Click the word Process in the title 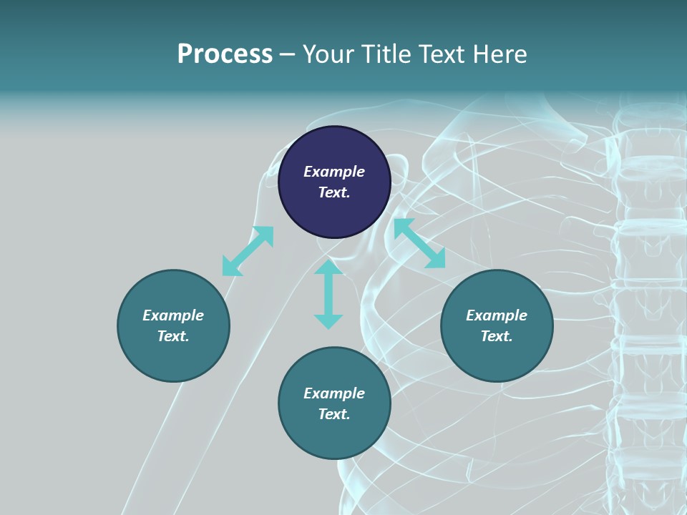tap(225, 54)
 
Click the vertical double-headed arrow tap(328, 294)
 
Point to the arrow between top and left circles tap(248, 251)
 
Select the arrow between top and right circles tap(419, 243)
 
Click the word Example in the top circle tap(334, 172)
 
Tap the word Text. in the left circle tap(173, 336)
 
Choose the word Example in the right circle tap(497, 315)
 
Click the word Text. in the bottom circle tap(334, 414)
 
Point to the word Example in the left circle tap(173, 315)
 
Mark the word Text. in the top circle tap(334, 192)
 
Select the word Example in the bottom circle tap(334, 393)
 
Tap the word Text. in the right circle tap(497, 336)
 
